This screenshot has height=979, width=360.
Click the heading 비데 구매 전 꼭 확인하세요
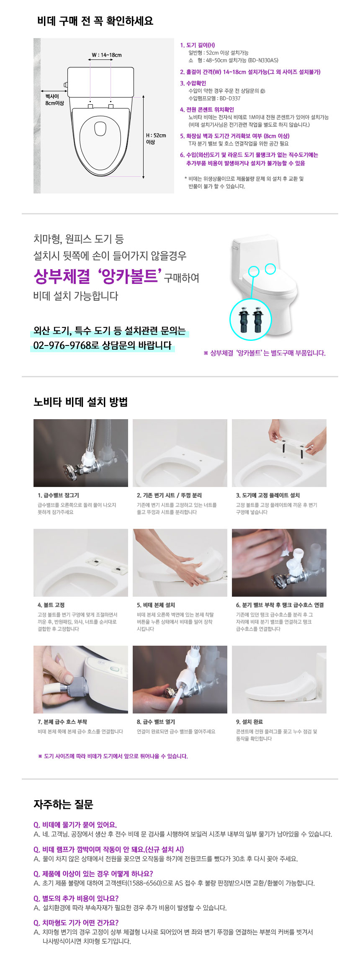(95, 21)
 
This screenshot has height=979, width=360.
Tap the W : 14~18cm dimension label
(107, 55)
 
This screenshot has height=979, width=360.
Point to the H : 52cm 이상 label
(156, 139)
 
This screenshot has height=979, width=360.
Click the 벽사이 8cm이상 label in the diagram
(54, 100)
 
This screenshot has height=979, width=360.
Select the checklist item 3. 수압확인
(193, 83)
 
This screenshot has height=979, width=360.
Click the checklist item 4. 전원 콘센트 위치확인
(207, 110)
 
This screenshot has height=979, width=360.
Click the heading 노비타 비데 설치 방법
(80, 402)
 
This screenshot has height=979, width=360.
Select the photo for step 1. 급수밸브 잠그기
(81, 453)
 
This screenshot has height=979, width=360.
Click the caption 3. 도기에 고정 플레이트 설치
(268, 495)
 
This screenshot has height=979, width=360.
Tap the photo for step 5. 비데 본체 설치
(180, 563)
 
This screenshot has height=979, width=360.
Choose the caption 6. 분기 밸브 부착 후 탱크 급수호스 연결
(280, 605)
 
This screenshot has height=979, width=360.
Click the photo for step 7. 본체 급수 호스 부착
(81, 680)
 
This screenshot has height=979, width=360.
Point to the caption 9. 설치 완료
(249, 722)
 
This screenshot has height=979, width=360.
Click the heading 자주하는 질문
(63, 804)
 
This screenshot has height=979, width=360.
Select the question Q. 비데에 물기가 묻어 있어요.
(75, 825)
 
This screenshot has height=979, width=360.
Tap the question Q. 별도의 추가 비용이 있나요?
(76, 899)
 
